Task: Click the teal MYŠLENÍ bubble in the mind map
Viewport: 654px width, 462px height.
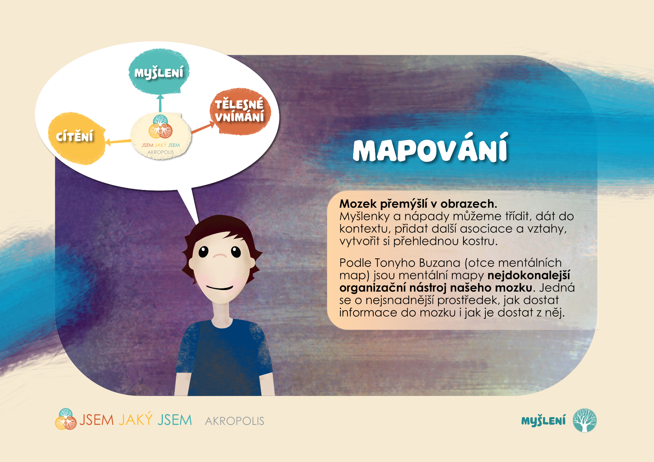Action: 159,71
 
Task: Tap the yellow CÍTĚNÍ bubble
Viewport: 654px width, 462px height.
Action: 77,138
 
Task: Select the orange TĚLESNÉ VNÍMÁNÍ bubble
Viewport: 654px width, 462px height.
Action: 240,111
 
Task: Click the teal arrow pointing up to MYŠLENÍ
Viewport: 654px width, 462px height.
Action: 160,103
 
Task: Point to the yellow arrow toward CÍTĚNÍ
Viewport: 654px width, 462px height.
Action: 118,141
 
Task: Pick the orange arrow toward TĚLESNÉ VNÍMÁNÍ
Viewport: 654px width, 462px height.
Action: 203,128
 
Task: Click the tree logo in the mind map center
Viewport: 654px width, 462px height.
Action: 160,127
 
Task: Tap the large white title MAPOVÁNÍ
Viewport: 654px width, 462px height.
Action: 431,148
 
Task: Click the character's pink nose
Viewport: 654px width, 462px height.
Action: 220,255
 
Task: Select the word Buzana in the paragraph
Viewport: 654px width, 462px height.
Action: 439,263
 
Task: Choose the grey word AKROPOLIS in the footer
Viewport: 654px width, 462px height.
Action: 234,421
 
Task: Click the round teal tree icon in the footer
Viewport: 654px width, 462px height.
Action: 585,420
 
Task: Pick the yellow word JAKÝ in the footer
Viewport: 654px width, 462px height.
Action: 135,419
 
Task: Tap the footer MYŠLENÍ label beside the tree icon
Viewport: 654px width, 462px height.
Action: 543,421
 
